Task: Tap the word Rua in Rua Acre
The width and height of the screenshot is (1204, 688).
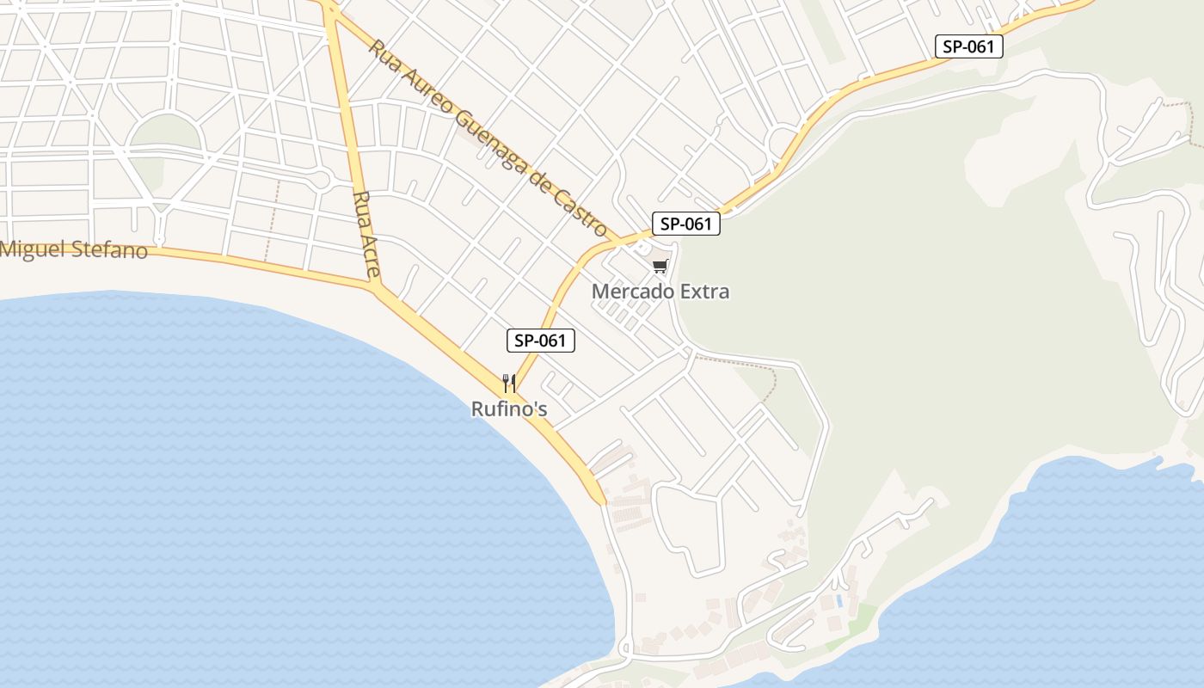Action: tap(361, 207)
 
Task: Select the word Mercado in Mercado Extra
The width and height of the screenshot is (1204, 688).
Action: tap(632, 292)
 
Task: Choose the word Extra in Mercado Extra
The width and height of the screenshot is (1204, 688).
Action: tap(704, 292)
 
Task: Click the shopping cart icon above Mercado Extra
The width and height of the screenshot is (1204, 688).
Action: tap(660, 267)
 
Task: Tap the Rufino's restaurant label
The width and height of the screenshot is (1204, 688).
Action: tap(509, 409)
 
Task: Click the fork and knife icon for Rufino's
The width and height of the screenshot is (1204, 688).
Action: tap(509, 383)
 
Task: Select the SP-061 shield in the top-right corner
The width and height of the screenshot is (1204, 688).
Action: tap(969, 46)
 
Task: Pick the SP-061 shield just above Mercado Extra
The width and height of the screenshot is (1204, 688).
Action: tap(685, 224)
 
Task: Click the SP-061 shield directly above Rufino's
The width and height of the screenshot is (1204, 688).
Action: tap(540, 341)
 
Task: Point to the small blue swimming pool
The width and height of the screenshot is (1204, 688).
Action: tap(838, 600)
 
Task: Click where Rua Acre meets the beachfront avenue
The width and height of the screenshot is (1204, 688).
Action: tap(376, 288)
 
